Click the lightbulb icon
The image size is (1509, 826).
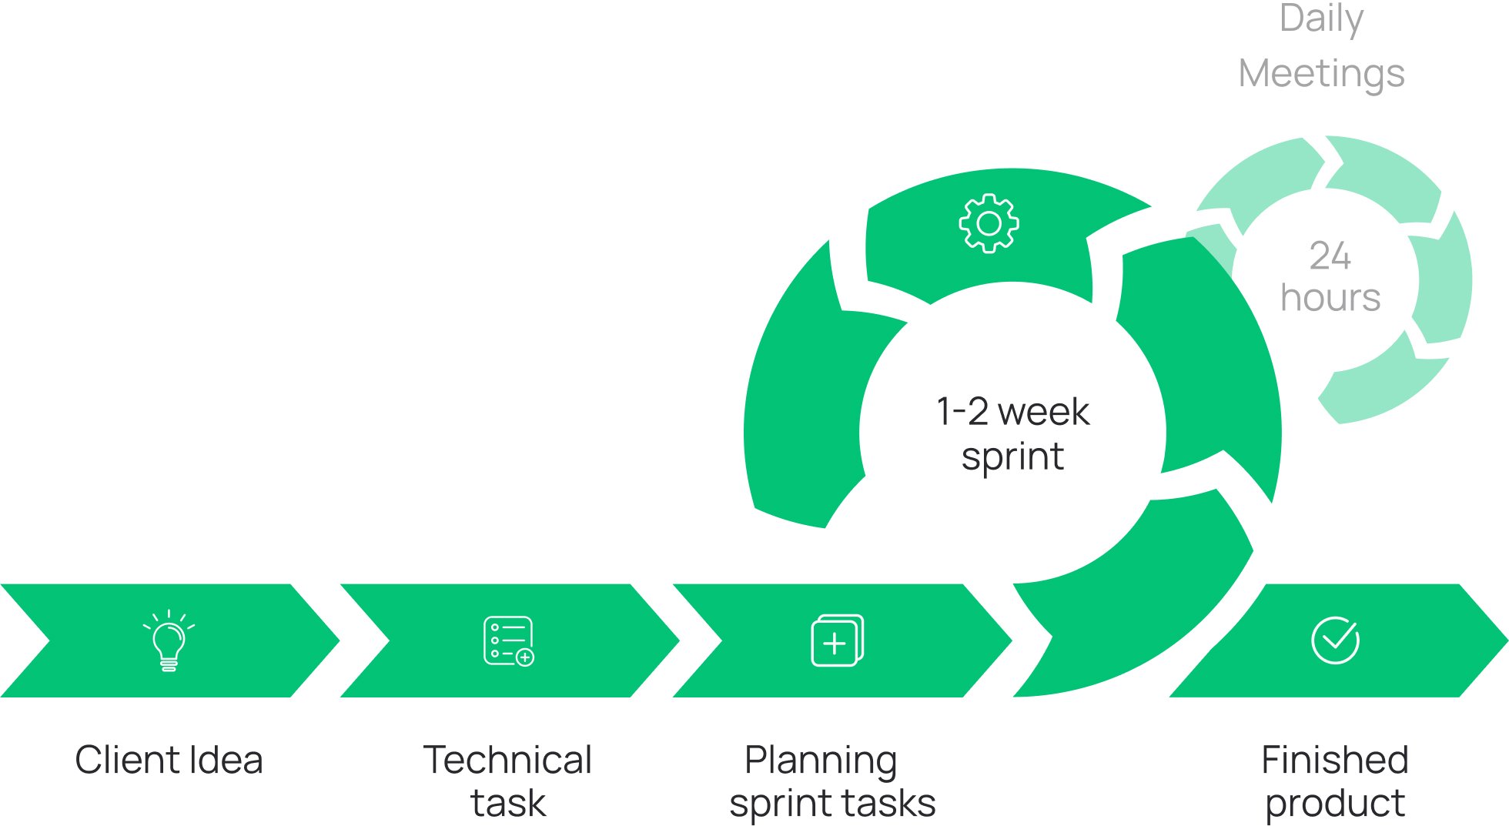(x=169, y=641)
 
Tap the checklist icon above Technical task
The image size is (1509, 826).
(x=508, y=640)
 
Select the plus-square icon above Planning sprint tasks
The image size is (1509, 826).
(x=837, y=640)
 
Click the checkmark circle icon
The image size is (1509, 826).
(x=1335, y=640)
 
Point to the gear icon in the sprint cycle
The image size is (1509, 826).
(x=989, y=223)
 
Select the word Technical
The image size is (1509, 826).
(x=507, y=760)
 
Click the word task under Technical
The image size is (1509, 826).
(x=507, y=803)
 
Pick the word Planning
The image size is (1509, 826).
(x=821, y=761)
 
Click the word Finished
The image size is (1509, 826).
(x=1334, y=760)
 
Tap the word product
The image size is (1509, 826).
(x=1334, y=804)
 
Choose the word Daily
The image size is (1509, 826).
(x=1321, y=19)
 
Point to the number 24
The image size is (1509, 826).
(x=1330, y=256)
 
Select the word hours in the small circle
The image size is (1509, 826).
(x=1330, y=297)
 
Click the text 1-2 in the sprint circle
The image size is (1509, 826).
(x=962, y=411)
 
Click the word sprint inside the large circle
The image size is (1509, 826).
(x=1012, y=457)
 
